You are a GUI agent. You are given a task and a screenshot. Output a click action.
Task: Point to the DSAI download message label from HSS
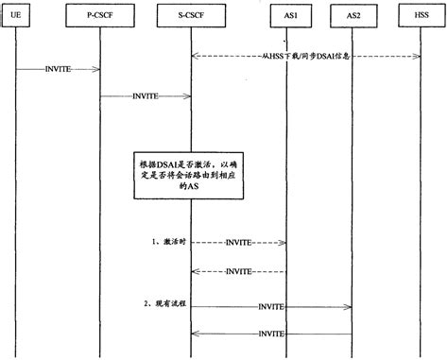coord(304,56)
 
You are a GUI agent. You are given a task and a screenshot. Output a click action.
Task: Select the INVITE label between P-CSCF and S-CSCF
coord(146,95)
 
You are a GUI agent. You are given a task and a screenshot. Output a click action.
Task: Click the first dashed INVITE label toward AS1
coord(238,244)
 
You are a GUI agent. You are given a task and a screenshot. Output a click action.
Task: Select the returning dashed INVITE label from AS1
coord(238,272)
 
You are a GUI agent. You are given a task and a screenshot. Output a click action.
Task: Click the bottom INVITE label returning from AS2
coord(271,334)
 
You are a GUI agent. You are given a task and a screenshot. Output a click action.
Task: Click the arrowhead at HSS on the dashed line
coord(415,56)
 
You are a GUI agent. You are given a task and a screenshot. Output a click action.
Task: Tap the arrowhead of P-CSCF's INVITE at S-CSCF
coord(189,95)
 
